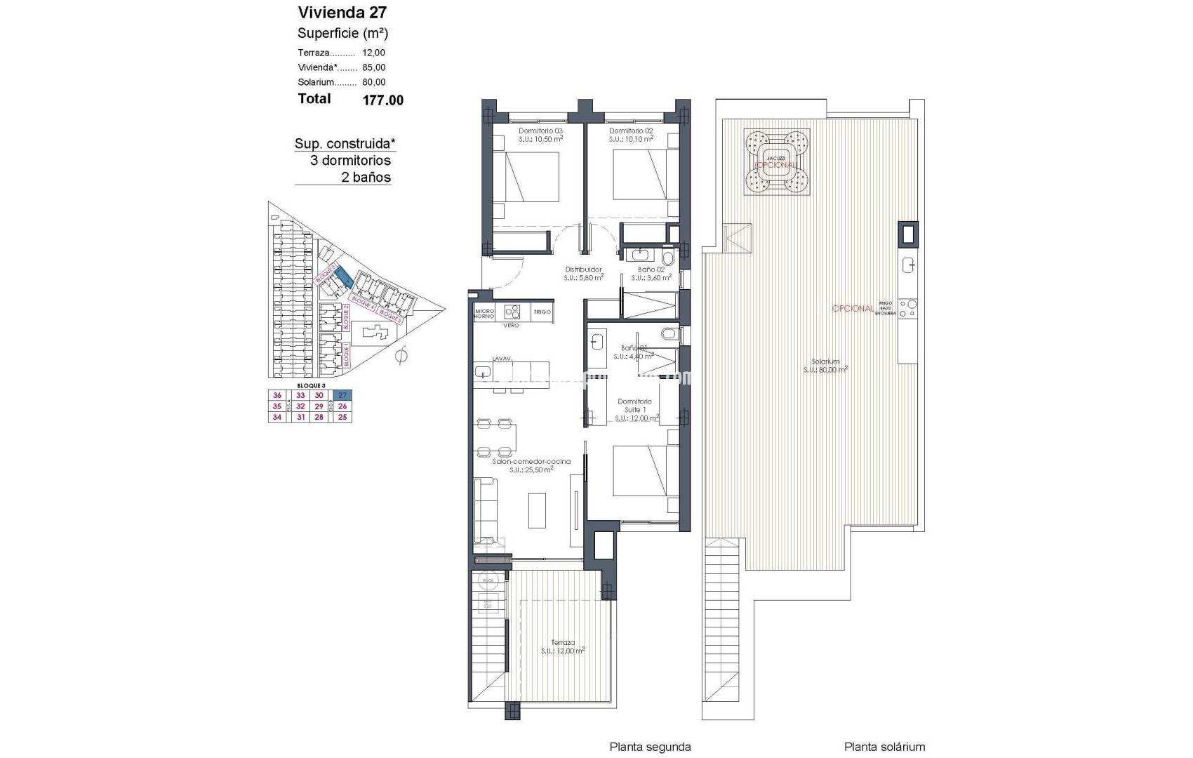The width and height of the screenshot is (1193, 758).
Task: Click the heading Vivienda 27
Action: point(342,13)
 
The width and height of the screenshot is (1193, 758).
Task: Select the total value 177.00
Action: point(382,100)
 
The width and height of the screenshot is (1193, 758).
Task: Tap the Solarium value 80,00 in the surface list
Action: point(374,83)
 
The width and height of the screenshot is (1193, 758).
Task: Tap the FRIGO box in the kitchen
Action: point(542,312)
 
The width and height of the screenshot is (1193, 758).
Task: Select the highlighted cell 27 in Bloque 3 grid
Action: point(342,396)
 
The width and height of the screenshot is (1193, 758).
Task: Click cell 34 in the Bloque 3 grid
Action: point(277,417)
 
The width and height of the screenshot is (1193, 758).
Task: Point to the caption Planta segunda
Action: point(650,747)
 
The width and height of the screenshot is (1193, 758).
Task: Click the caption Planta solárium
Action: point(884,747)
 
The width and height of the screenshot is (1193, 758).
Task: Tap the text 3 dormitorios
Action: point(350,161)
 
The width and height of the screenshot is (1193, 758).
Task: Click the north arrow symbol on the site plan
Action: point(401,357)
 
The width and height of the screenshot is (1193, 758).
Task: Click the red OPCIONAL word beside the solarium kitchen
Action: point(853,309)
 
